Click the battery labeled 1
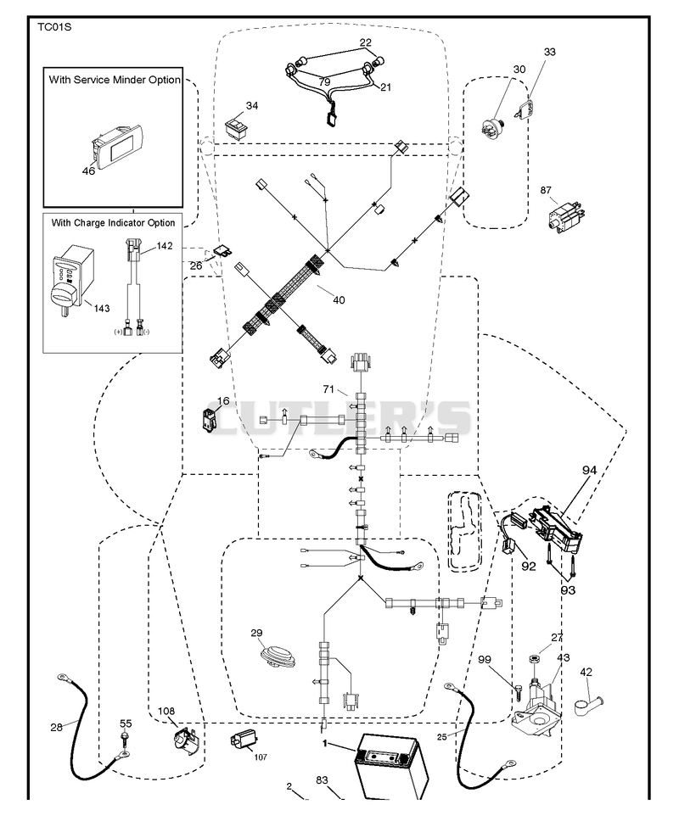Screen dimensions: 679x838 click(392, 767)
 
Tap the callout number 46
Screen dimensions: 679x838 click(88, 170)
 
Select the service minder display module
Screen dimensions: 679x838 click(117, 143)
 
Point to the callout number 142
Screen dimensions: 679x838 click(164, 246)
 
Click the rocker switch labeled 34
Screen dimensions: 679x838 click(235, 129)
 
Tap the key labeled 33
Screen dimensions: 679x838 click(525, 108)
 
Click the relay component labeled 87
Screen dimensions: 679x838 click(565, 216)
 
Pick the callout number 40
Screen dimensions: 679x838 click(339, 300)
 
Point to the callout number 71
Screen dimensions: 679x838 click(328, 388)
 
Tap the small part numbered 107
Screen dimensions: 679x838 click(244, 740)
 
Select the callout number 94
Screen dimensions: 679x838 click(590, 470)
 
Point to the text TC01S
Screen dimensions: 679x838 click(54, 27)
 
